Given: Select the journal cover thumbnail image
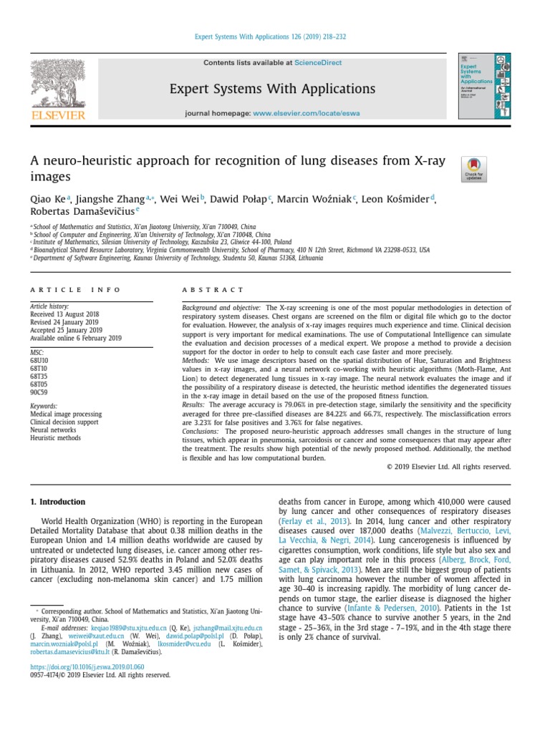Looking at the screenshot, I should coord(485,87).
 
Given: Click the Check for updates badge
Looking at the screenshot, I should coord(476,170).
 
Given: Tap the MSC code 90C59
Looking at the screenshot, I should coord(39,393).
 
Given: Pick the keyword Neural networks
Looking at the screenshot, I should coord(53,430).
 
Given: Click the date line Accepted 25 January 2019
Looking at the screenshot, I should coord(66,330).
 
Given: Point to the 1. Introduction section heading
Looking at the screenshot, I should coord(57,502).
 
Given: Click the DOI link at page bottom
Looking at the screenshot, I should coord(87,666).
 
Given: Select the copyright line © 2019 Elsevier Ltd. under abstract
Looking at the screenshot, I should coord(448,467).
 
